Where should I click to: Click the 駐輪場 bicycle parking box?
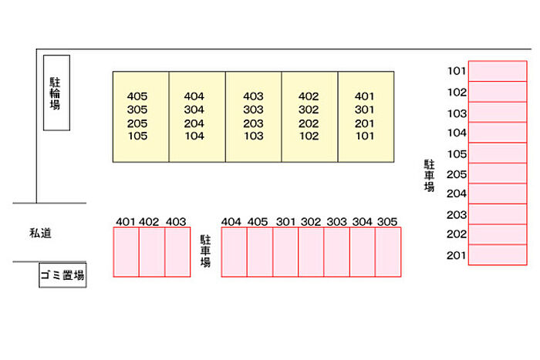pos(56,93)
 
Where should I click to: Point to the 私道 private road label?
pos(40,233)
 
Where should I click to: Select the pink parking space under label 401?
pos(126,252)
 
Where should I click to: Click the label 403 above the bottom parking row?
pos(176,222)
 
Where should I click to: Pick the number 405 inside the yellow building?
pos(137,96)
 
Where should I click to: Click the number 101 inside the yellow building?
pos(365,136)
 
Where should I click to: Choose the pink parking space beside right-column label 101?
pos(498,71)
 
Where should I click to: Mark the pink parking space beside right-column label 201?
pos(498,255)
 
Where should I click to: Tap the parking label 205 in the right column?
pos(457,174)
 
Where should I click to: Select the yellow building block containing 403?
pos(253,117)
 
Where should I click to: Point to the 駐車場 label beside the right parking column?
pos(428,176)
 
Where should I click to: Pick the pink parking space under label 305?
pos(389,252)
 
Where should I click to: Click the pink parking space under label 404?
pos(234,252)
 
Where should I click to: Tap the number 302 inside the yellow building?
pos(309,110)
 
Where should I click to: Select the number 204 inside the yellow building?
pos(194,123)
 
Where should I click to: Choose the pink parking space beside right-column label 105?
pos(498,153)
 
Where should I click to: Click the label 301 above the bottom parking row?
pos(285,222)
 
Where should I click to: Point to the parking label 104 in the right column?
pos(457,133)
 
